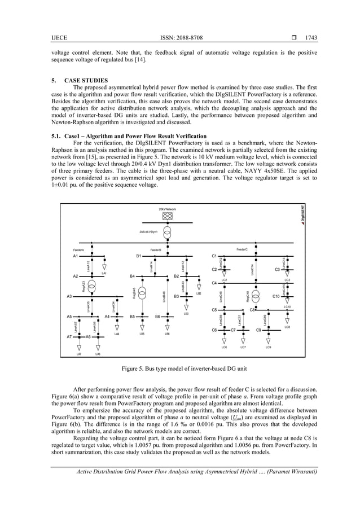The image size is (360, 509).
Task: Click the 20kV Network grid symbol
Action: click(168, 215)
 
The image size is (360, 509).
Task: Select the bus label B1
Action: click(139, 256)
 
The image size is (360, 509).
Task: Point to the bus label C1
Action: click(214, 256)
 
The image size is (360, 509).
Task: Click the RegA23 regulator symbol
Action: click(91, 287)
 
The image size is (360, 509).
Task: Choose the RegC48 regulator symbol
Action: click(256, 295)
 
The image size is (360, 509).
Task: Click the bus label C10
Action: click(277, 296)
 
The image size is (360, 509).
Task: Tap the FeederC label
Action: click(242, 249)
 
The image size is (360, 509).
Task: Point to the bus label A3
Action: click(69, 296)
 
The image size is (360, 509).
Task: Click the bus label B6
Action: click(159, 317)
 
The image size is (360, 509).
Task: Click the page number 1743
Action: click(311, 38)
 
